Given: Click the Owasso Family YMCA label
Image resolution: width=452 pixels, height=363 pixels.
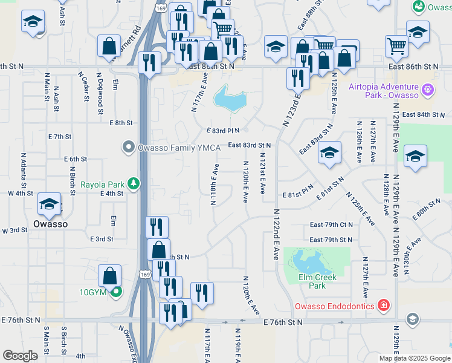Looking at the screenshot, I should click(x=173, y=148).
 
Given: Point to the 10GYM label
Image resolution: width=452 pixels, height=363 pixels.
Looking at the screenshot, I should click(x=93, y=292).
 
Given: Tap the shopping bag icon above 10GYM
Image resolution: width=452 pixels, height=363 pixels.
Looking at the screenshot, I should click(x=112, y=276).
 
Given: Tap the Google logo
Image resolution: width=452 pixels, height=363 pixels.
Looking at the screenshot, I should click(x=21, y=356).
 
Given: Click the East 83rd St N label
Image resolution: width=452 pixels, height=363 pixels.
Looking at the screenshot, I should click(x=249, y=145).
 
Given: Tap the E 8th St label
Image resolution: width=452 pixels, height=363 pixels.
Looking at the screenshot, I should click(x=121, y=123).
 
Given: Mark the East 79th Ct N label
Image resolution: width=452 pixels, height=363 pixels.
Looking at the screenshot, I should click(x=331, y=224).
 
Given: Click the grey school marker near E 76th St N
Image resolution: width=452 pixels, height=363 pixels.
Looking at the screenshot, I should click(x=413, y=319).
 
